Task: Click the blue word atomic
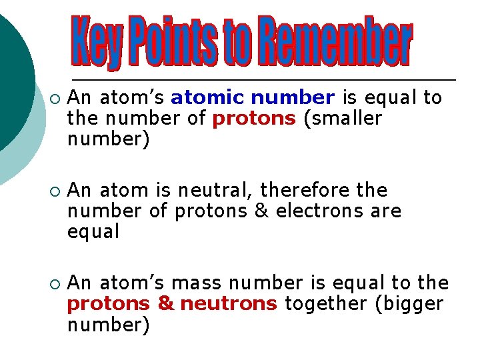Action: coord(207,98)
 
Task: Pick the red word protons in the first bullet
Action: coord(253,119)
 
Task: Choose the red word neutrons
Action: coord(228,304)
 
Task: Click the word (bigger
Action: coord(409,304)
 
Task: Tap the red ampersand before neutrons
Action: coord(165,304)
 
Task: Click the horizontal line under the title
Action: coord(263,80)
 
